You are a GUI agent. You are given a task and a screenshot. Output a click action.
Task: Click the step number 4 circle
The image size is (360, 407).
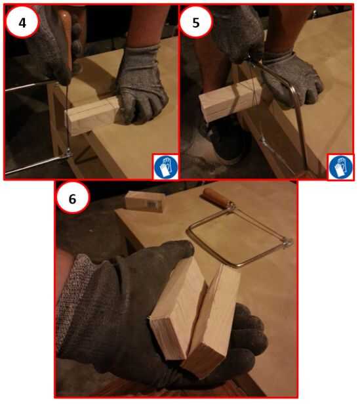pos(22,22)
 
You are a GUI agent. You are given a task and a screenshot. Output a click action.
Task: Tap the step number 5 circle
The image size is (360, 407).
pos(196,22)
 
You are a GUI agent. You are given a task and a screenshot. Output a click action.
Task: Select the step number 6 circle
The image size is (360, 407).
pos(73,198)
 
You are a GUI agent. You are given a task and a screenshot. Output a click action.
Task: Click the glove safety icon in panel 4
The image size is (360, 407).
pos(165,167)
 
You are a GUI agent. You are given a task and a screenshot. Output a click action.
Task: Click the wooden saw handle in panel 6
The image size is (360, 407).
pos(214,198)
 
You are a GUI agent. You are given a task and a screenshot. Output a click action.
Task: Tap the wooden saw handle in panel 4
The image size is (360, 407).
pos(66,39)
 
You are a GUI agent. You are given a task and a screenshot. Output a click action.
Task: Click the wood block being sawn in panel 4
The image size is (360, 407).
pos(92,115)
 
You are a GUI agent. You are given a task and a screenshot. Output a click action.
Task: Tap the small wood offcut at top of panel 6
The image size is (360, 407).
pos(145,202)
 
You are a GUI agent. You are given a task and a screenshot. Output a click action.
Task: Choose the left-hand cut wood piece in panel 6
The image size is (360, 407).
pos(179,309)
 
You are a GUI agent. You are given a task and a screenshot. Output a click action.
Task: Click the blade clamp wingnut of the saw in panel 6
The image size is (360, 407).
pos(287,243)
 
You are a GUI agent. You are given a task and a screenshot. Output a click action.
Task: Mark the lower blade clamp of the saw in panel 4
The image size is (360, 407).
pos(68,153)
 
